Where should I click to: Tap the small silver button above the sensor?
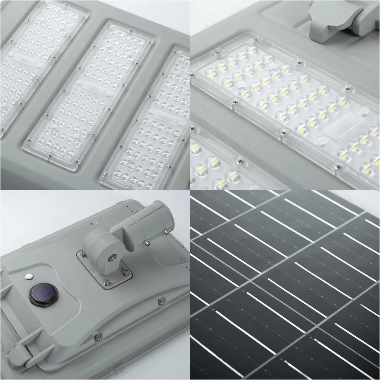[x=28, y=277]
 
